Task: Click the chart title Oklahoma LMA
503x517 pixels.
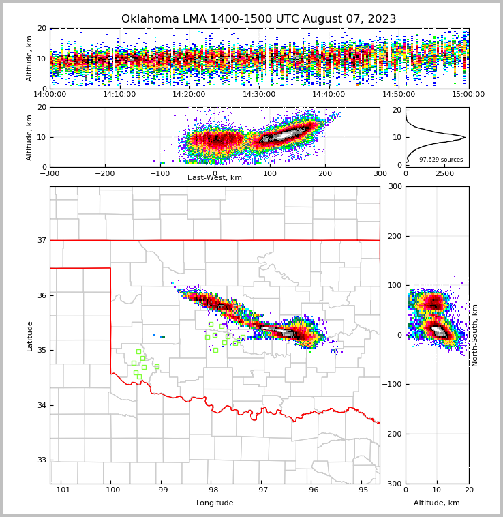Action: (258, 19)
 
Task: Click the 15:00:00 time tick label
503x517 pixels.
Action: (468, 95)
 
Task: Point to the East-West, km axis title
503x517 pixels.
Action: (215, 178)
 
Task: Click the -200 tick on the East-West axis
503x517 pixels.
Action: (104, 173)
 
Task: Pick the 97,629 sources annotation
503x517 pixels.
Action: (441, 160)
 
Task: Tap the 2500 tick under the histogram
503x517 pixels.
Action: (444, 173)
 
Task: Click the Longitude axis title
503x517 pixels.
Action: (215, 503)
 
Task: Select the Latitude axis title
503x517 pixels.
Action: (30, 336)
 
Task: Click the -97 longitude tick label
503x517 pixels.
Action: (260, 490)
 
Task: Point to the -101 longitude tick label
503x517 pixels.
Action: (61, 490)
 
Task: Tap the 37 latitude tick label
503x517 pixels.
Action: (41, 240)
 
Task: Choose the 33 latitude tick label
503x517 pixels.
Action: (41, 460)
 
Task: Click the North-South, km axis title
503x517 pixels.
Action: (475, 335)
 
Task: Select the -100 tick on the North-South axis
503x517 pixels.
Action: (392, 385)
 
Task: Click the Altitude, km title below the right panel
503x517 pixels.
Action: (437, 503)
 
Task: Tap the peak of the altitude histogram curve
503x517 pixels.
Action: (466, 137)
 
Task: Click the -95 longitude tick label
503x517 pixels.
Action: (361, 490)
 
